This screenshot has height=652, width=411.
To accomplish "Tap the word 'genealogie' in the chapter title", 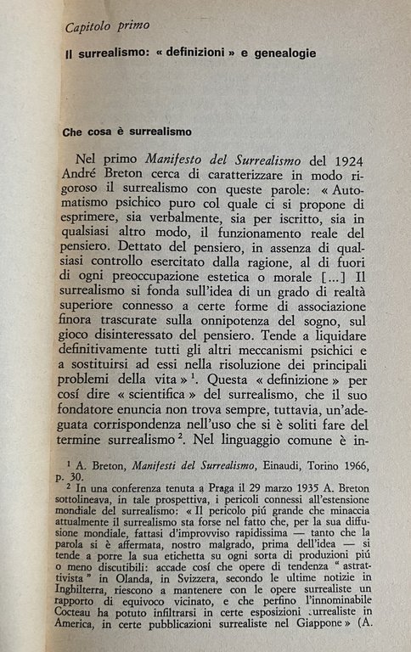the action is [x=281, y=53].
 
